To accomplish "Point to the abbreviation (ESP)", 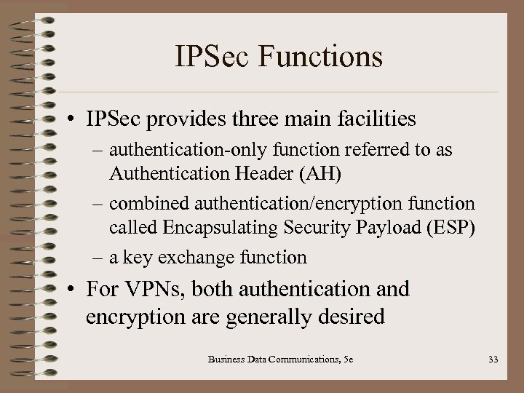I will (x=450, y=229).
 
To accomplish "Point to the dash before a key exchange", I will (x=99, y=257).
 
